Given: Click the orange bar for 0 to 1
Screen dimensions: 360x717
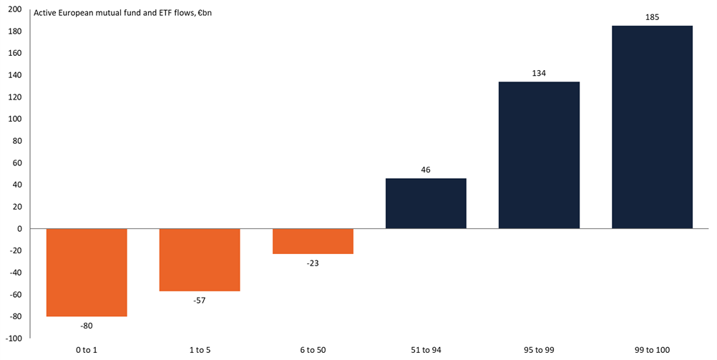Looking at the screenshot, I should click(87, 272).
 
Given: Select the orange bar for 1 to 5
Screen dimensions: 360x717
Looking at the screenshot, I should click(200, 260).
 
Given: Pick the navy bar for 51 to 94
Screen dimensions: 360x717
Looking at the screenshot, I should click(426, 203).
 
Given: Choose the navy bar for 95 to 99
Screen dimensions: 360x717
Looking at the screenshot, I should click(539, 155).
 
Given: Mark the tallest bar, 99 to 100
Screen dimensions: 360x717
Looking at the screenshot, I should click(652, 127).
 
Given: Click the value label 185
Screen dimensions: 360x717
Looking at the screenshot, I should click(652, 16).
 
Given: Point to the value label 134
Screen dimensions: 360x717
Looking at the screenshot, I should click(539, 73).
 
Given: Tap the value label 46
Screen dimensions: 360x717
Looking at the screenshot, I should click(426, 170).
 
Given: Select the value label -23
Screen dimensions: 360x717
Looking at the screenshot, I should click(313, 263).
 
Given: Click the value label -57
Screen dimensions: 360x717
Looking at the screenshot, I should click(200, 300).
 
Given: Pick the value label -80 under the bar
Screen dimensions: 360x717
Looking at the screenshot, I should click(87, 326).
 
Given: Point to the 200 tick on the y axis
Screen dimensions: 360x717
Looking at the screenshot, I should click(15, 9).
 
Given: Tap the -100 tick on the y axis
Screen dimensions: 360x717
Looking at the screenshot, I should click(14, 338).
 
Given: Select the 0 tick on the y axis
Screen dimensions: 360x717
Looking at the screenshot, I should click(19, 229).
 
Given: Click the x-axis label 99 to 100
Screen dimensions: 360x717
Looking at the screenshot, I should click(652, 350).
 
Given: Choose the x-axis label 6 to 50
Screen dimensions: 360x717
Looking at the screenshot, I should click(313, 350).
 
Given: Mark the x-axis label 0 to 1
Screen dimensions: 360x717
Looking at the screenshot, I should click(87, 350).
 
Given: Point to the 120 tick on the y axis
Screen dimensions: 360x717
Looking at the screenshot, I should click(15, 97).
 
